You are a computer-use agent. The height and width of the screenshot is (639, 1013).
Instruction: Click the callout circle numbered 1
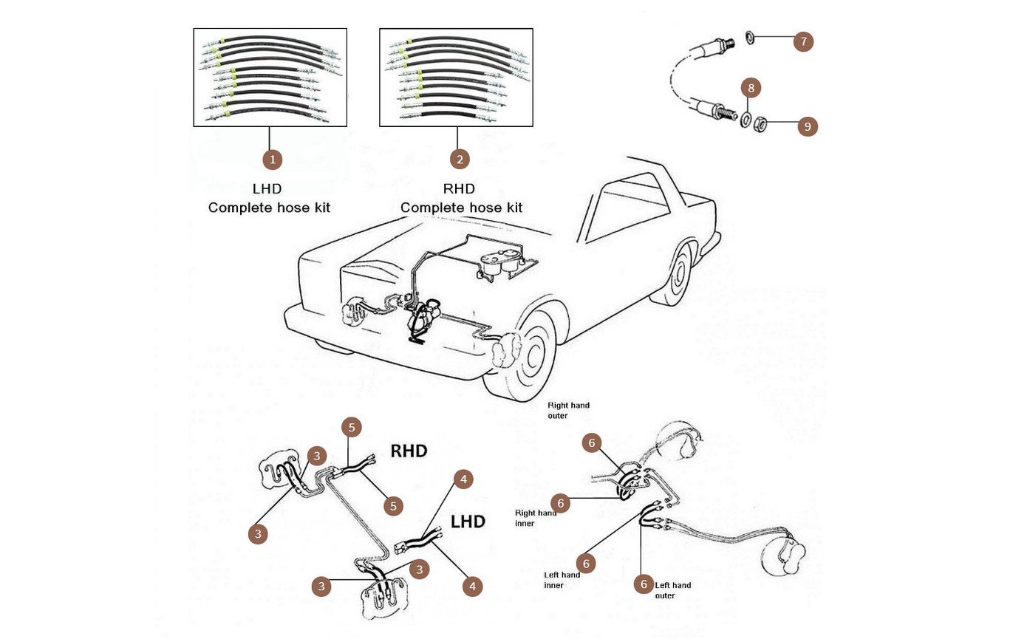coord(273,160)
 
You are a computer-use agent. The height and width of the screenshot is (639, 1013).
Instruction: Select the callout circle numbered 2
coord(460,160)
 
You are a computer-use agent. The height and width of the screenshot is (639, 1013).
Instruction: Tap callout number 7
coord(803,41)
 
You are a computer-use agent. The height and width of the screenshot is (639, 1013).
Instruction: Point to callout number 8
coord(751,89)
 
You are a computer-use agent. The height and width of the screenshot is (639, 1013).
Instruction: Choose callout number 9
coord(807,126)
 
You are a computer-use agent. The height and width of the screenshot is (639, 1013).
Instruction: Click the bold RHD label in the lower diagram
coord(409,451)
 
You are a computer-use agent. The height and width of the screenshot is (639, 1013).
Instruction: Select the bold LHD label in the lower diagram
coord(468,522)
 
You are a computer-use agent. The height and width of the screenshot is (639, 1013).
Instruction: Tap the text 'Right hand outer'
coord(568,410)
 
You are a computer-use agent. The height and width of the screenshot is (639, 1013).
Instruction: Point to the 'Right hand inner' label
coord(536,518)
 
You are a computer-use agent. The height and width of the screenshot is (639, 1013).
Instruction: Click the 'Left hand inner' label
coord(562,580)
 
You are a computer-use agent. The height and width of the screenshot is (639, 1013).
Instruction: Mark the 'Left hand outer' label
coord(673,590)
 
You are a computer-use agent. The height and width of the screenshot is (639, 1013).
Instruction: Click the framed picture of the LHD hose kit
coord(270,77)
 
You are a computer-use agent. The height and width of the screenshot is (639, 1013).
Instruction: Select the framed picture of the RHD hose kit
coord(456,77)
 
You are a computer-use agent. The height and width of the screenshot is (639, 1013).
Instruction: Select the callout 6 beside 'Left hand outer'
coord(643,584)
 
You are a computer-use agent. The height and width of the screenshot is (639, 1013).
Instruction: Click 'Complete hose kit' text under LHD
coord(269,208)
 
